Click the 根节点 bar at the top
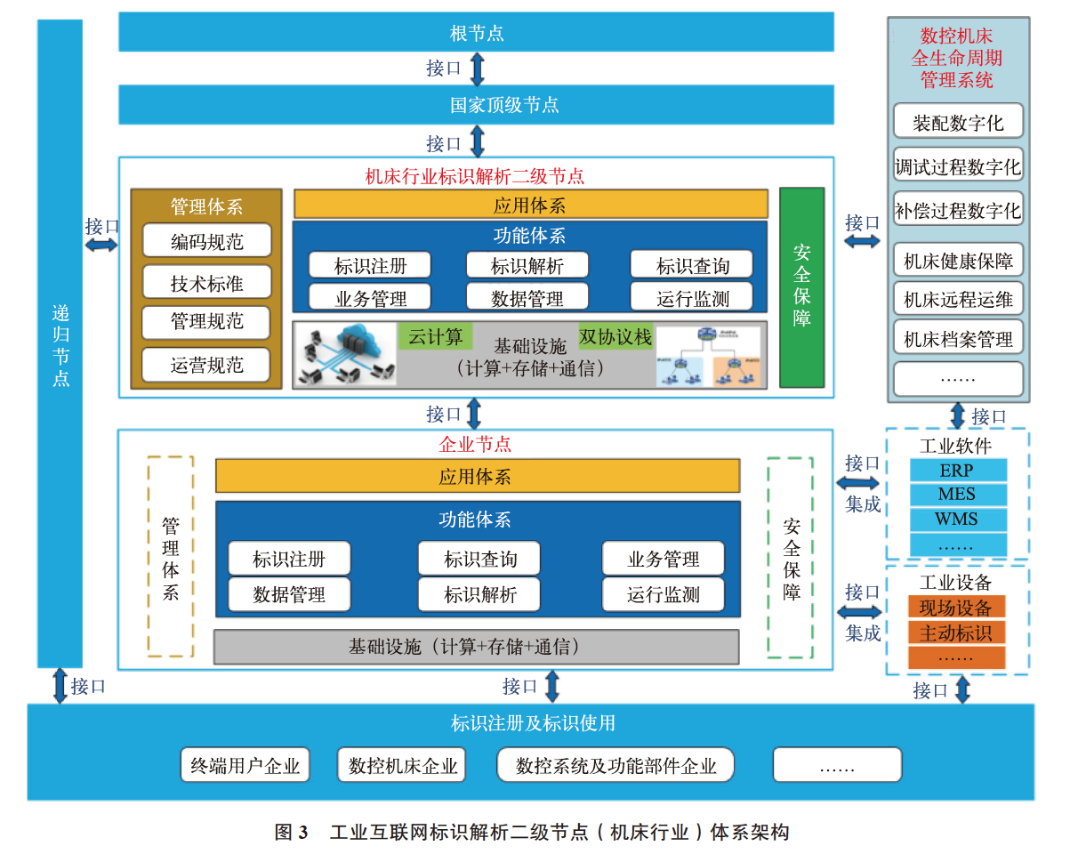(476, 33)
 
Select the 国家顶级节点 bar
(476, 105)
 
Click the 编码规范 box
(206, 241)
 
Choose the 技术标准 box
(206, 283)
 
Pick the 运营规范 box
(206, 364)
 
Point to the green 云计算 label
(435, 336)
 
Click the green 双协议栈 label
(615, 336)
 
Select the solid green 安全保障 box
(801, 287)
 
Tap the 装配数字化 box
(958, 123)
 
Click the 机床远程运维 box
(958, 300)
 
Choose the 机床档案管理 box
(958, 339)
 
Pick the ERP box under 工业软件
(957, 471)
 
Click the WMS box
(957, 519)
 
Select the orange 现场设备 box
(956, 608)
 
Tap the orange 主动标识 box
(956, 632)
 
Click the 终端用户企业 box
(245, 765)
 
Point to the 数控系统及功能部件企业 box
(615, 765)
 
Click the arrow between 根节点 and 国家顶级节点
(478, 68)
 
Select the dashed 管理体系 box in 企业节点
(170, 558)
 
